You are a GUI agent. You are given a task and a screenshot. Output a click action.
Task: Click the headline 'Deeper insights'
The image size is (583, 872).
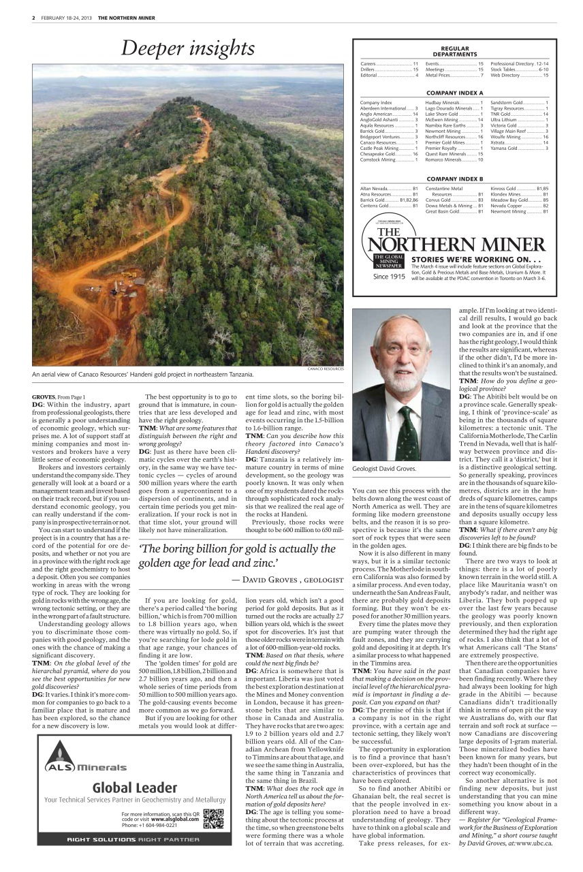click(188, 48)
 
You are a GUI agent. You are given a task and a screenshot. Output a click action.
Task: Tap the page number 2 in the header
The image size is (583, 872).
click(33, 18)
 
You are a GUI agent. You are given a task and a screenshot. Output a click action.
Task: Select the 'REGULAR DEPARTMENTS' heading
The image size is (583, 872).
click(454, 51)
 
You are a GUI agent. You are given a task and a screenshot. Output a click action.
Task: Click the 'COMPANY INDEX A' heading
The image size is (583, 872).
click(454, 92)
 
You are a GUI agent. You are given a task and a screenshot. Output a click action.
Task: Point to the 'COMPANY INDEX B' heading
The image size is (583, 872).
click(454, 178)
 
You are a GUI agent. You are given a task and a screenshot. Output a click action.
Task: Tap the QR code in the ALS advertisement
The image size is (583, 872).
click(213, 818)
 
